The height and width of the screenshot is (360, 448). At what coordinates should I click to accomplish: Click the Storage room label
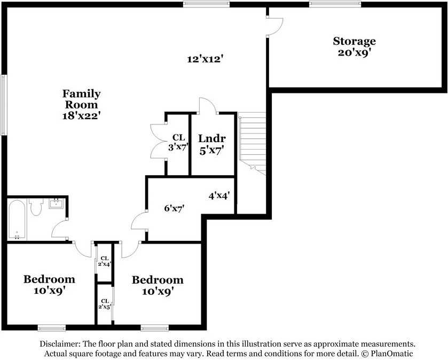click(x=354, y=42)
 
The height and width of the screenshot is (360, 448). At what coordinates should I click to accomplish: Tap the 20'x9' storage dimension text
click(x=354, y=53)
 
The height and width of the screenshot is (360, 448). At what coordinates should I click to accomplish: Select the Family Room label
click(x=81, y=99)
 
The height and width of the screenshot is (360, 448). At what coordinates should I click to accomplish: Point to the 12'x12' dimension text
click(x=205, y=59)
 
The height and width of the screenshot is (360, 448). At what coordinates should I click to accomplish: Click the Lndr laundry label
click(x=212, y=138)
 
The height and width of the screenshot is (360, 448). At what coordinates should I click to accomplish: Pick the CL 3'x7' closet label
click(x=178, y=143)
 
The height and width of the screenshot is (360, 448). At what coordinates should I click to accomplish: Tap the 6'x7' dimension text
click(x=174, y=208)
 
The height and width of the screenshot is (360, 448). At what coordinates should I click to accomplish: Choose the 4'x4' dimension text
click(x=219, y=196)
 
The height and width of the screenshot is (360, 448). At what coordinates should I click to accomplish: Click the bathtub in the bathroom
click(x=17, y=220)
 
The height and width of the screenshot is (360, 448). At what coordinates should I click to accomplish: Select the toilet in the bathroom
click(x=36, y=207)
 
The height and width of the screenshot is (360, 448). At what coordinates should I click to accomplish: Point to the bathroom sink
click(x=56, y=204)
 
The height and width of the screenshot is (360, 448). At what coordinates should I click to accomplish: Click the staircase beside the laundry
click(x=252, y=143)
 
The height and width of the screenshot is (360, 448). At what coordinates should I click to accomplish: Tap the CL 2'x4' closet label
click(x=104, y=261)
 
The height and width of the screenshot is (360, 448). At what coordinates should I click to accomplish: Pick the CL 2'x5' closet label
click(x=104, y=304)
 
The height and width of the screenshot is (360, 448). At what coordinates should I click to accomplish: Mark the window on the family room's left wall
click(x=3, y=105)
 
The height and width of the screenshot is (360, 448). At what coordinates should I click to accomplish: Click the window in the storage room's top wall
click(x=335, y=4)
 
